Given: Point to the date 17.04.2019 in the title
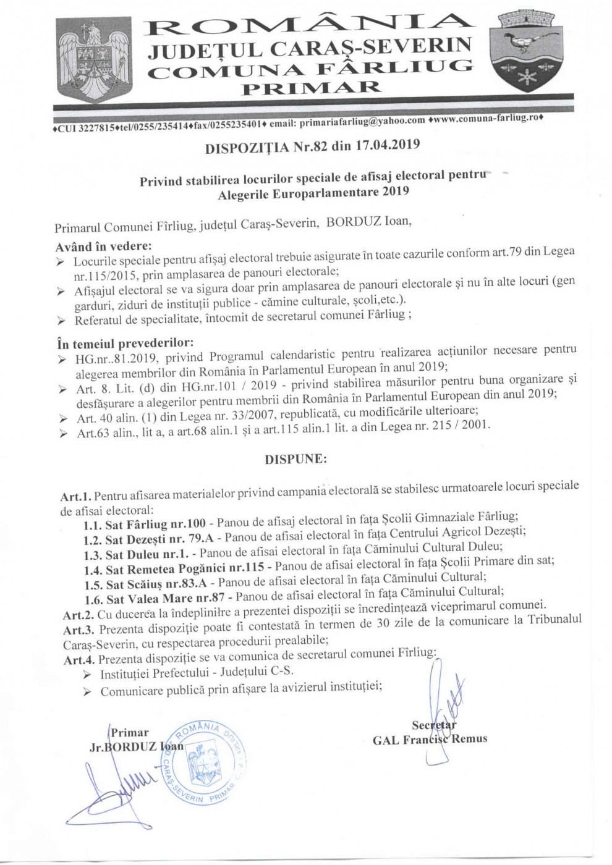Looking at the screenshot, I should [x=388, y=146].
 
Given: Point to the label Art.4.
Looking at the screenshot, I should [x=79, y=659].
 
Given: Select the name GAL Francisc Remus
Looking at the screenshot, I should [x=430, y=738].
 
